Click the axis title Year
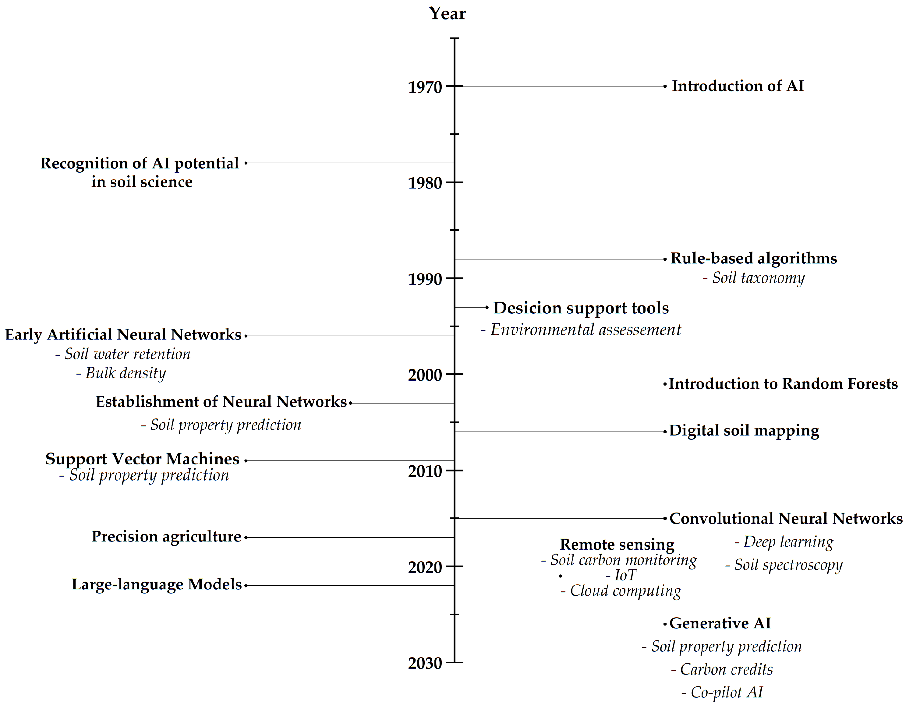tap(447, 14)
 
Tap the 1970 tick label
tap(425, 87)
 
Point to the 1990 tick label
tap(425, 279)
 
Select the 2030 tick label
tap(425, 663)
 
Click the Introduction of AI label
tap(738, 86)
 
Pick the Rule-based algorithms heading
tap(754, 258)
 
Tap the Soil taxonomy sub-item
tap(754, 278)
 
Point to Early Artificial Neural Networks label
tap(123, 335)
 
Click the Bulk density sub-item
tap(121, 373)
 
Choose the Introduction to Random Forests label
tap(783, 384)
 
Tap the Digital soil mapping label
tap(744, 431)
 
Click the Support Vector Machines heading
tap(142, 459)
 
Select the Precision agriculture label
tap(166, 537)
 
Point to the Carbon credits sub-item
tap(722, 669)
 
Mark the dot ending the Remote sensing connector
tap(561, 576)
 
